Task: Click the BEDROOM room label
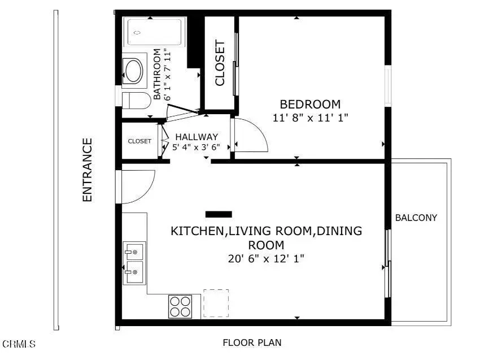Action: [x=310, y=105]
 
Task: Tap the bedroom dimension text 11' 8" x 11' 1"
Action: [x=310, y=118]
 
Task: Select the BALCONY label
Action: [x=416, y=218]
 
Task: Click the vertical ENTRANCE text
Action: [x=87, y=170]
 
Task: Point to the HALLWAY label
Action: [x=196, y=137]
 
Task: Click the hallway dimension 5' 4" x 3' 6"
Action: [x=196, y=146]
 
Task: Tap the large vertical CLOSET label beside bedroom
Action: [x=220, y=63]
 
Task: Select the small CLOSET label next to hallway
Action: [x=139, y=141]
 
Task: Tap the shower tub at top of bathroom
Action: [x=155, y=32]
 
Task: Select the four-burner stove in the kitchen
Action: [x=180, y=307]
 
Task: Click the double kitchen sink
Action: [x=134, y=263]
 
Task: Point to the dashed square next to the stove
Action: [x=216, y=303]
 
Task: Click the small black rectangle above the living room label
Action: [x=219, y=214]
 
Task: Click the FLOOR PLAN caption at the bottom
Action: [x=252, y=342]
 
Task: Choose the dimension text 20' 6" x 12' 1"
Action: [x=266, y=259]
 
